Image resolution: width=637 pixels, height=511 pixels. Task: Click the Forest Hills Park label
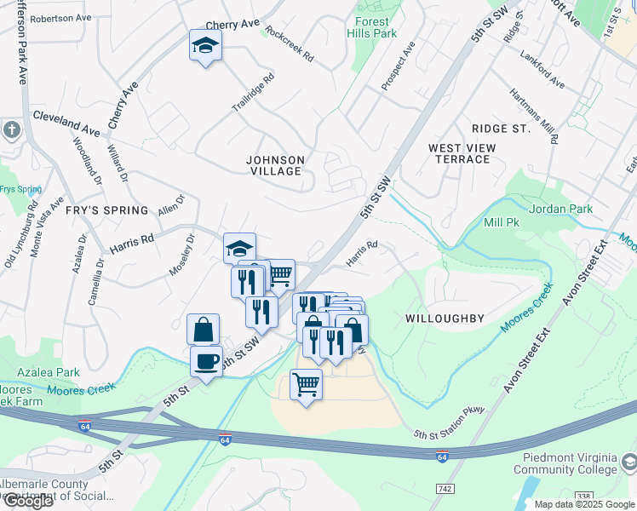pos(372,27)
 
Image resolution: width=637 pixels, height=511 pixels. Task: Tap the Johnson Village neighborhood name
pos(274,165)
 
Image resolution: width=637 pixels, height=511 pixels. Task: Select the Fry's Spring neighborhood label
pos(106,210)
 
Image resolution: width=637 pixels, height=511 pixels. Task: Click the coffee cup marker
pos(206,361)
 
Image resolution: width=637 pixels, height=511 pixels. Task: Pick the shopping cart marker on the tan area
pos(306,385)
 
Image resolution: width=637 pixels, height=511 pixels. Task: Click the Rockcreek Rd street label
pos(290,44)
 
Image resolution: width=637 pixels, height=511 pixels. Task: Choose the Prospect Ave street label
pos(398,66)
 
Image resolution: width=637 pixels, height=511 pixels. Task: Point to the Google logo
pos(27,500)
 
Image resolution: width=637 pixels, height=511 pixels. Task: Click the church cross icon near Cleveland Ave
pos(11,130)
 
